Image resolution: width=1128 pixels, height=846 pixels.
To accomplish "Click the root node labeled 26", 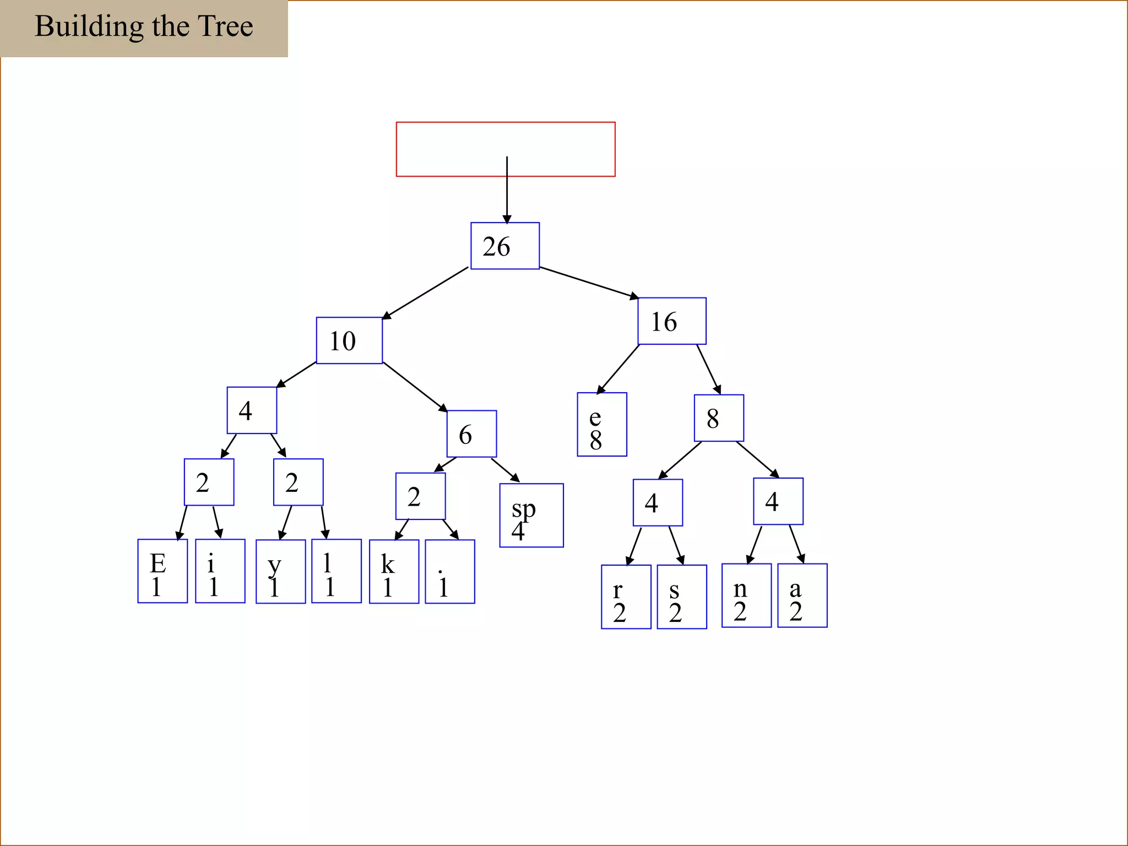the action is point(505,246).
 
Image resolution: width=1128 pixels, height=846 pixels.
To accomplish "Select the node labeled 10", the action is point(349,340).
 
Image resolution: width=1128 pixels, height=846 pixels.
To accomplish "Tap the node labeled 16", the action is point(671,321).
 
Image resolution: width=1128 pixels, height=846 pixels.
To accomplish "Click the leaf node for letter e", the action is point(601,424).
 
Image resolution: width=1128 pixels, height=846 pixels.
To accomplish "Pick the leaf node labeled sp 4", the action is point(531,515).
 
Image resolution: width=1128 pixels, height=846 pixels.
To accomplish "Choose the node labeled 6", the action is point(471,433).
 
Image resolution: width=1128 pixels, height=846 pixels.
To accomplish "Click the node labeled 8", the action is point(719,417).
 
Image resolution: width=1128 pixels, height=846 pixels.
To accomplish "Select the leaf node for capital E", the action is point(162,571).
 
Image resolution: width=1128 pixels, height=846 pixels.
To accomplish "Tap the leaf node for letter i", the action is point(220,571).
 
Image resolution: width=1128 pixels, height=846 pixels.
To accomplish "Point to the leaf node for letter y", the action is point(280,571).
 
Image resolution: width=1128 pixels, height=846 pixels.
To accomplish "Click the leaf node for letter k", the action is point(394,571).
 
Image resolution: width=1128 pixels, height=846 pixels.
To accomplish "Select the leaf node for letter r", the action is point(626,596).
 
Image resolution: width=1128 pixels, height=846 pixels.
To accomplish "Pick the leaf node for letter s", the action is point(682,596).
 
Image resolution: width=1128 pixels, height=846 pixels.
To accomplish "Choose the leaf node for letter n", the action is point(746,595).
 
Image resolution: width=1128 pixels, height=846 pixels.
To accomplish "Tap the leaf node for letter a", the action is point(802,595).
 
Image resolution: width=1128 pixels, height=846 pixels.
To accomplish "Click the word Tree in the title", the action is point(225,26).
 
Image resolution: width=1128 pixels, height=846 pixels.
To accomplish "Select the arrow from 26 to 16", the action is point(588,283).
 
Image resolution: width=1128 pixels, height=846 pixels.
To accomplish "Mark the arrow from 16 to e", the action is point(619,369).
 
